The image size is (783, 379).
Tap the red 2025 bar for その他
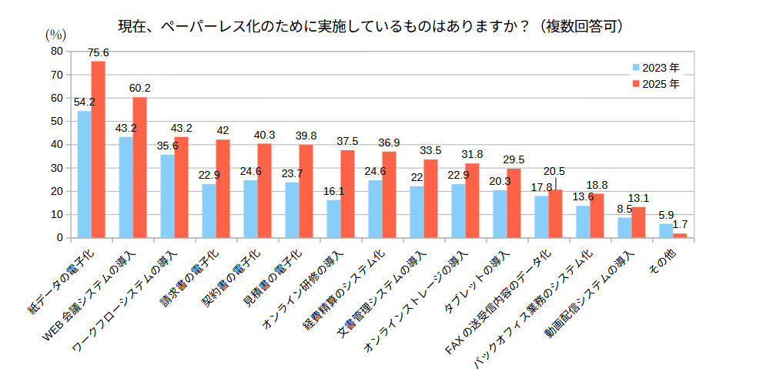pyautogui.click(x=680, y=236)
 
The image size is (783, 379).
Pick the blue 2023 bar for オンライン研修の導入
pyautogui.click(x=333, y=219)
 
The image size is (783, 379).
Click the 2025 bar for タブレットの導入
pyautogui.click(x=514, y=203)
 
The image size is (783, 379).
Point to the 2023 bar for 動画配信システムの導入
pyautogui.click(x=624, y=228)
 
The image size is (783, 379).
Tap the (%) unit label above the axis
pyautogui.click(x=56, y=34)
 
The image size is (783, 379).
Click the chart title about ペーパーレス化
pyautogui.click(x=370, y=26)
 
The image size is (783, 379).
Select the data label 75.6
pyautogui.click(x=99, y=52)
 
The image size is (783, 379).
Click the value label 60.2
pyautogui.click(x=140, y=88)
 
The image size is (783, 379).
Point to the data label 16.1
pyautogui.click(x=333, y=191)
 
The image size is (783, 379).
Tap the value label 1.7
pyautogui.click(x=680, y=225)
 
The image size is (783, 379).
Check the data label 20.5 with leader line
pyautogui.click(x=554, y=171)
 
